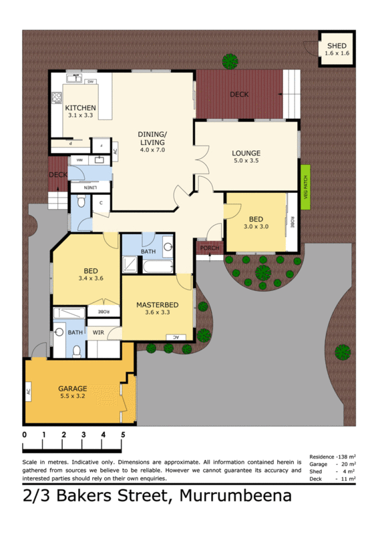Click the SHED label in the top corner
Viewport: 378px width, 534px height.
click(337, 45)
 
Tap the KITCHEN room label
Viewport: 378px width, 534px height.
click(80, 107)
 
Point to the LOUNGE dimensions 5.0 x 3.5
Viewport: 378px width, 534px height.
click(246, 161)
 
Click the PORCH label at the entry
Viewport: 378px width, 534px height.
click(210, 249)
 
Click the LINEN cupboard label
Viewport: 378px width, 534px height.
click(88, 189)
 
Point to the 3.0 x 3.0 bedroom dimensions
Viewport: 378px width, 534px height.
click(255, 227)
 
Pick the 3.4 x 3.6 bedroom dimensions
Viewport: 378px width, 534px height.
click(91, 278)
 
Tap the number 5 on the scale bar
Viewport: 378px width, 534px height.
click(123, 435)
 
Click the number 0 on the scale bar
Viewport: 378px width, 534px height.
click(24, 435)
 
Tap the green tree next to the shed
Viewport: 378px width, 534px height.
click(230, 61)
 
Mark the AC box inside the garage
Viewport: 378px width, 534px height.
click(29, 392)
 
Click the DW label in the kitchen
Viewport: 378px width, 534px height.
click(89, 81)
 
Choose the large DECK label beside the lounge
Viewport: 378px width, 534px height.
click(239, 94)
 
